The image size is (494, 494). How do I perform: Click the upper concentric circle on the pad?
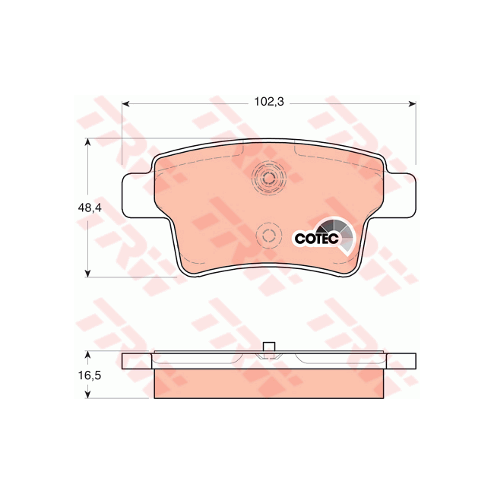click(x=268, y=179)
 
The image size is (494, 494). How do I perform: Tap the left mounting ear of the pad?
click(x=137, y=196)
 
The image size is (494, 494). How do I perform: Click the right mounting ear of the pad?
click(x=401, y=196)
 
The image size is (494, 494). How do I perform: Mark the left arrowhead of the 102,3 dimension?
click(x=126, y=103)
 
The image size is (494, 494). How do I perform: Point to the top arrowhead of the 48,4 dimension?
click(x=90, y=142)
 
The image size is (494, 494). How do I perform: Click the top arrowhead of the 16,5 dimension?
click(x=90, y=355)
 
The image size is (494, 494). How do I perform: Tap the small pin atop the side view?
click(x=268, y=348)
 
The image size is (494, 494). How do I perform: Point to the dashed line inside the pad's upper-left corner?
click(x=201, y=160)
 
